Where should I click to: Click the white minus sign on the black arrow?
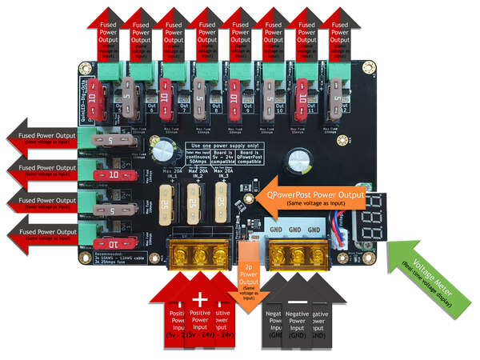[x=296, y=300]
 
